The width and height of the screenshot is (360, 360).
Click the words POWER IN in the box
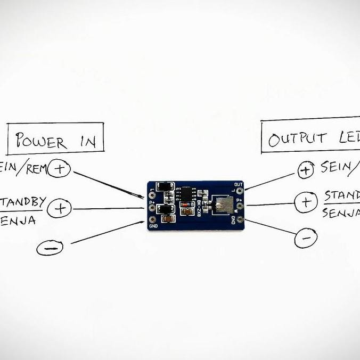click(56, 141)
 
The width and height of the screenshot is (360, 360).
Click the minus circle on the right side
click(306, 238)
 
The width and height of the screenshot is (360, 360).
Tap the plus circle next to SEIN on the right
click(306, 170)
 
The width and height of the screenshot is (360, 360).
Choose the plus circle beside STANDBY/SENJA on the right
click(306, 202)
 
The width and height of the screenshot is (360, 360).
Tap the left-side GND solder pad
click(153, 219)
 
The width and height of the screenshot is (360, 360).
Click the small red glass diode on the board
click(186, 211)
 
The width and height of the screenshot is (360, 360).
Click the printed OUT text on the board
click(238, 184)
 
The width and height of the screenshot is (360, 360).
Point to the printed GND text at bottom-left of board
click(154, 227)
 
